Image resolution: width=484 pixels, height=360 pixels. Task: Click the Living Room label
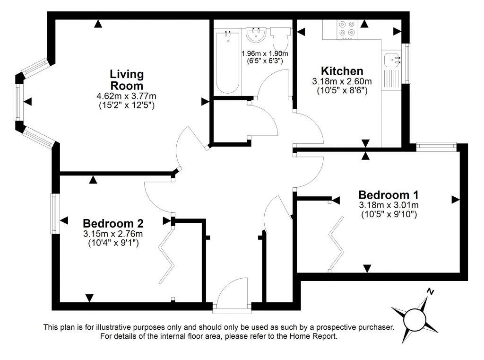pos(127,80)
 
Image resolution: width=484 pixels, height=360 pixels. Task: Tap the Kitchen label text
pos(342,71)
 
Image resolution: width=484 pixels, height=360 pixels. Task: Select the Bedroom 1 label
pos(389,195)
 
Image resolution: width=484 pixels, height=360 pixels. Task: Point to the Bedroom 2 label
pos(113,223)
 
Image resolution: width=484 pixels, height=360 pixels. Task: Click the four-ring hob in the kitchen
pos(347,29)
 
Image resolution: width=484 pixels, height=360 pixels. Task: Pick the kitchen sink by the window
pos(392,60)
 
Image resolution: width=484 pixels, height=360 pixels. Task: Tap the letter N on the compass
pos(430,291)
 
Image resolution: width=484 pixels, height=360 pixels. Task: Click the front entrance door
pos(232,296)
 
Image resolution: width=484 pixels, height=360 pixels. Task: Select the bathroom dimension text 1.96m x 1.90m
pos(265,53)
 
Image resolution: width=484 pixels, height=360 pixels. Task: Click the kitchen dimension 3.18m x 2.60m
pos(342,81)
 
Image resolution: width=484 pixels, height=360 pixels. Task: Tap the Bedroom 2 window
pos(55,213)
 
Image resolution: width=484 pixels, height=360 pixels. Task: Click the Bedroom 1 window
pos(436,147)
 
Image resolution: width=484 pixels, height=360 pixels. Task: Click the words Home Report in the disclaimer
pos(312,336)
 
